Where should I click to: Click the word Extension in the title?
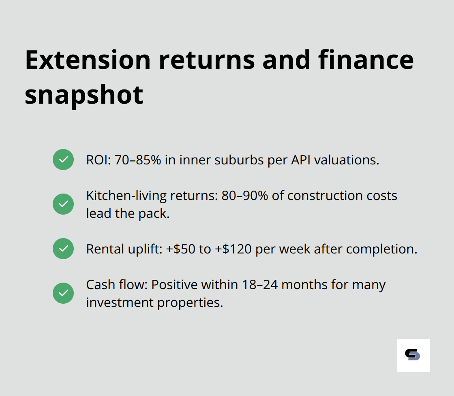pyautogui.click(x=88, y=60)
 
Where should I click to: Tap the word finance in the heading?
pyautogui.click(x=366, y=60)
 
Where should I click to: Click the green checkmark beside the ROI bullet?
pyautogui.click(x=63, y=160)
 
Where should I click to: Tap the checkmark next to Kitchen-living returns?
pyautogui.click(x=63, y=204)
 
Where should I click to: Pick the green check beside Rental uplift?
pyautogui.click(x=63, y=249)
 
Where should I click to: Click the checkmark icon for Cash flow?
pyautogui.click(x=63, y=293)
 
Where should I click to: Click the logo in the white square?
pyautogui.click(x=413, y=355)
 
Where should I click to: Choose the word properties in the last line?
pyautogui.click(x=190, y=302)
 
